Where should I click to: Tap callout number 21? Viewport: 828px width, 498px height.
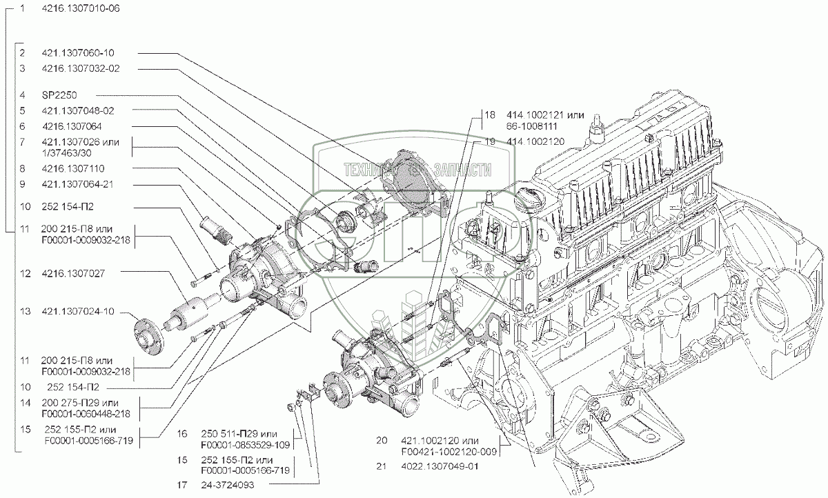pos(382,467)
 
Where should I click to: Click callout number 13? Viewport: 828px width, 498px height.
pos(24,311)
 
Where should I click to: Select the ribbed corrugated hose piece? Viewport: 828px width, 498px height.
pos(213,229)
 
